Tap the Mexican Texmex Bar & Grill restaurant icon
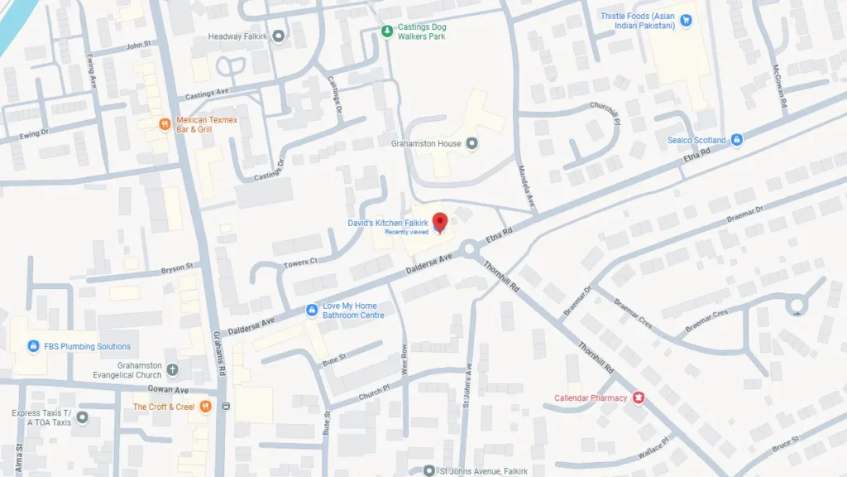(x=165, y=125)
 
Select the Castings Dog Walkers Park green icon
(x=387, y=31)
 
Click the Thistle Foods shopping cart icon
(x=685, y=20)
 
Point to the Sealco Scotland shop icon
(x=737, y=140)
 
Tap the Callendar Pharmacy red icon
(x=639, y=398)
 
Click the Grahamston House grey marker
(x=471, y=144)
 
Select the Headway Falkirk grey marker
(x=278, y=36)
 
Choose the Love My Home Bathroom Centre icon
(x=312, y=311)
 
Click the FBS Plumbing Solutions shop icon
(x=34, y=346)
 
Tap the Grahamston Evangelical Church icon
(x=172, y=369)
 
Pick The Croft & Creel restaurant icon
(x=204, y=407)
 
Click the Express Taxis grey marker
(x=82, y=417)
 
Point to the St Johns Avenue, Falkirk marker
(x=428, y=471)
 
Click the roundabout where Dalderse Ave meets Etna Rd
(x=471, y=248)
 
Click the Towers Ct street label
(x=301, y=262)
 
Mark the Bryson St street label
(x=176, y=267)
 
